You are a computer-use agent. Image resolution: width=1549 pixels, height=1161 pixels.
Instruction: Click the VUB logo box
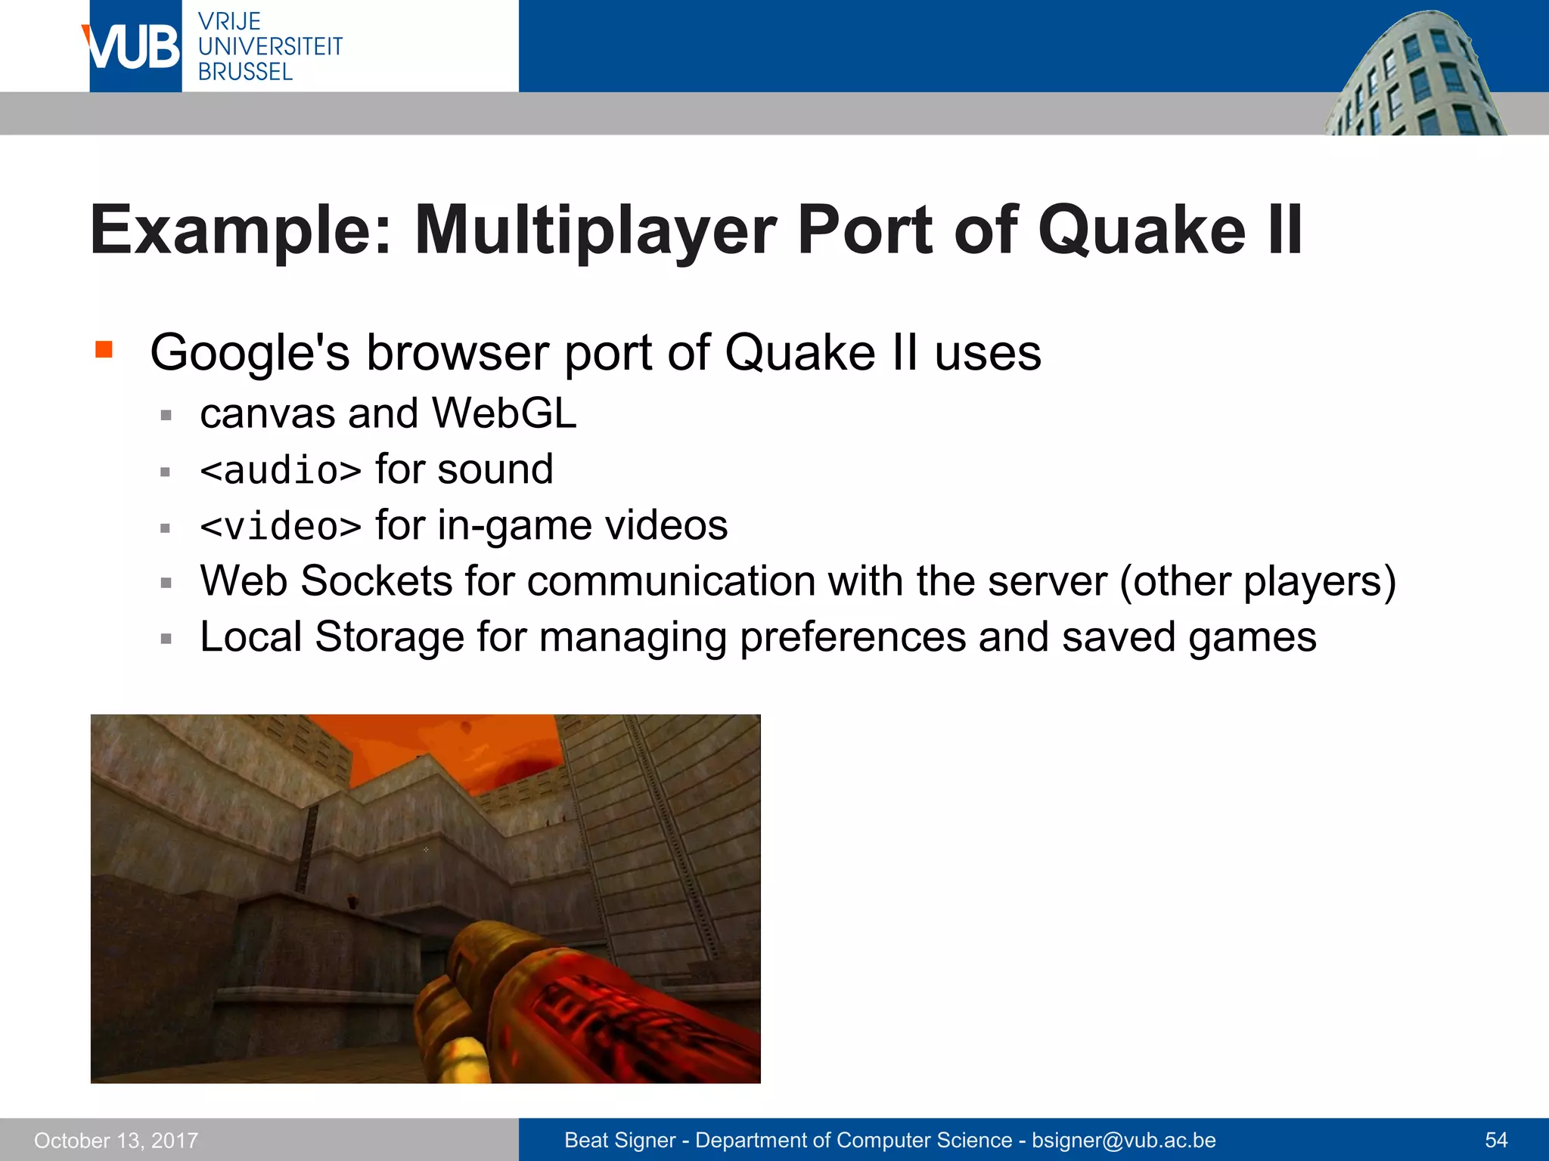(x=135, y=47)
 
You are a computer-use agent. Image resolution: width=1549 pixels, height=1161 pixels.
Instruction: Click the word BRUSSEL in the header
(x=245, y=73)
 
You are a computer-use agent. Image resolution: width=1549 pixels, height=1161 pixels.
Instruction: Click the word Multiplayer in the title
(x=595, y=231)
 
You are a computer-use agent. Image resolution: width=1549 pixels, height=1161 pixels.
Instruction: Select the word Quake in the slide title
(x=1141, y=231)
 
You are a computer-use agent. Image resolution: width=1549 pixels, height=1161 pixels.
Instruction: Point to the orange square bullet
(x=104, y=349)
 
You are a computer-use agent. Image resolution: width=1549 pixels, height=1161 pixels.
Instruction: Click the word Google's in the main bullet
(x=250, y=353)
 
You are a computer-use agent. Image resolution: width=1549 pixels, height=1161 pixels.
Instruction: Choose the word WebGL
(x=504, y=414)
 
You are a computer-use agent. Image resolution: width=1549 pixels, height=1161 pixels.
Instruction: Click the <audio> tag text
(x=281, y=471)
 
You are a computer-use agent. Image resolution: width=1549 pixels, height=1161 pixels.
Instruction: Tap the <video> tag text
(x=281, y=527)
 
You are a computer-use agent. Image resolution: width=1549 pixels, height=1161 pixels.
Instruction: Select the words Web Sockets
(x=326, y=582)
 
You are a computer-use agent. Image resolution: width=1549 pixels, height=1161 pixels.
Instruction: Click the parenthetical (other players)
(x=1257, y=582)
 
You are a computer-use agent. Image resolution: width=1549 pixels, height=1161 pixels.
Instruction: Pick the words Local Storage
(x=332, y=637)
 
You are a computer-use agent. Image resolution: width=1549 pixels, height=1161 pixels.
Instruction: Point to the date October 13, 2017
(x=116, y=1141)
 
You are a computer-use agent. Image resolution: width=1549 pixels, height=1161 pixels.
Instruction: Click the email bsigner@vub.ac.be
(x=1124, y=1141)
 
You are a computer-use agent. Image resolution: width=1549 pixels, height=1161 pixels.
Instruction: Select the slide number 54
(x=1496, y=1141)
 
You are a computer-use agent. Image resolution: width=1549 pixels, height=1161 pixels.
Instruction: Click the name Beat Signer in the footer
(x=619, y=1141)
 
